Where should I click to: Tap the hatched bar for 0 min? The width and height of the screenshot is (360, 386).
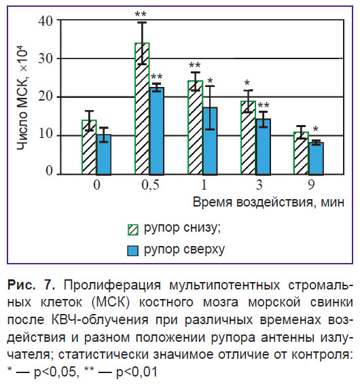pyautogui.click(x=89, y=147)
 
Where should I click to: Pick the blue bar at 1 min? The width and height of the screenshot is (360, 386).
pyautogui.click(x=210, y=141)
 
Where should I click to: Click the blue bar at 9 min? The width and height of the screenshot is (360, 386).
pyautogui.click(x=316, y=158)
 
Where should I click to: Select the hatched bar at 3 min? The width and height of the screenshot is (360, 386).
pyautogui.click(x=249, y=137)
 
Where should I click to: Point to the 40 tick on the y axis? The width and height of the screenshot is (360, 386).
pyautogui.click(x=46, y=20)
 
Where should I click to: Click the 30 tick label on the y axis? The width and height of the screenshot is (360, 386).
pyautogui.click(x=46, y=59)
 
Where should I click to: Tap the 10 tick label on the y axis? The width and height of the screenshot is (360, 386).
pyautogui.click(x=46, y=134)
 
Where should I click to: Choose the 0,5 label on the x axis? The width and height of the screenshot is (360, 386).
pyautogui.click(x=150, y=185)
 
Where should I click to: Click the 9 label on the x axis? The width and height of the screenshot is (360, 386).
pyautogui.click(x=311, y=185)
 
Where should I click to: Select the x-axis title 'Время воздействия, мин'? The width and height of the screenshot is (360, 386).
pyautogui.click(x=268, y=203)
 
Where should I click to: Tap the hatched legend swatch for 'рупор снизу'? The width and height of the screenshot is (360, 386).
pyautogui.click(x=133, y=230)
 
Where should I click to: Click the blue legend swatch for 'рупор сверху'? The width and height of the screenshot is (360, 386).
pyautogui.click(x=133, y=251)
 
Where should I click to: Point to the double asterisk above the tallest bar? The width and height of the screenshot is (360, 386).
pyautogui.click(x=141, y=14)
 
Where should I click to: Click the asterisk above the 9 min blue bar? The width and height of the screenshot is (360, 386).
pyautogui.click(x=315, y=128)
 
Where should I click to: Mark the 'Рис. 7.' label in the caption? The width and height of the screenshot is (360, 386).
pyautogui.click(x=31, y=285)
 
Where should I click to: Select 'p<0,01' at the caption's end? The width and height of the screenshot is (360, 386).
pyautogui.click(x=137, y=372)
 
